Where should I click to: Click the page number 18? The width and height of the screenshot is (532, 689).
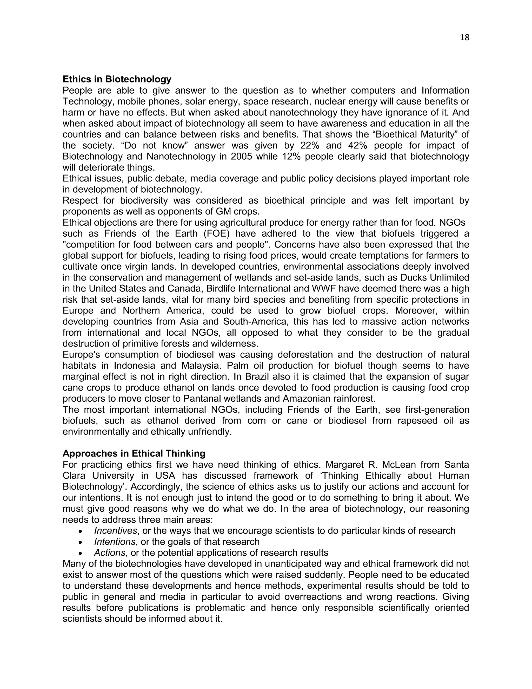point(464,37)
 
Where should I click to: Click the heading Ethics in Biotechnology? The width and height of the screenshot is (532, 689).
point(117,79)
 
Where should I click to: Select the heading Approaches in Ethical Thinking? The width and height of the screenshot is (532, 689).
point(134,453)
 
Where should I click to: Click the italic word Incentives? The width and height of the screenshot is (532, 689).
point(116,531)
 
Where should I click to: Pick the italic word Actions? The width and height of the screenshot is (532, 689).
point(109,553)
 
